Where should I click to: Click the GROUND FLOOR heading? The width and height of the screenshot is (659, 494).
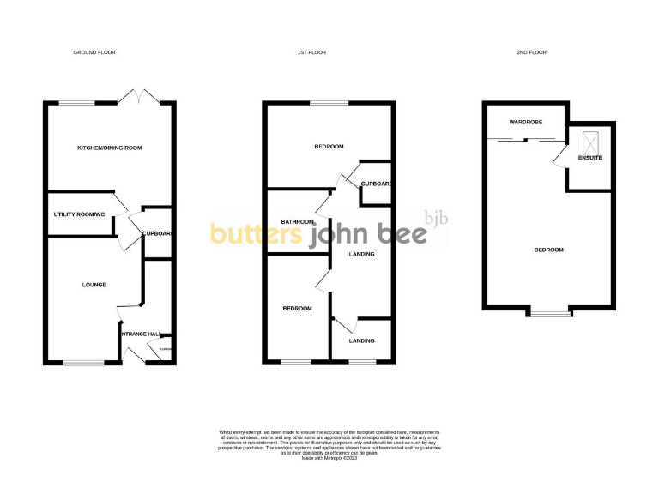coord(94,52)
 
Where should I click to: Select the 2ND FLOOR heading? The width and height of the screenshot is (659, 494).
coord(532,52)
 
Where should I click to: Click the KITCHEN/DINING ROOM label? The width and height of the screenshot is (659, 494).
coord(109,148)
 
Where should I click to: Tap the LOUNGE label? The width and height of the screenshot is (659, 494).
coord(94,284)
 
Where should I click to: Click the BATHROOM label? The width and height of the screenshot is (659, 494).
coord(298,222)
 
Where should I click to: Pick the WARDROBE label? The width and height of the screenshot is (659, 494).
coord(526,123)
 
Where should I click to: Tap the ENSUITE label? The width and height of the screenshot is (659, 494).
coord(589,158)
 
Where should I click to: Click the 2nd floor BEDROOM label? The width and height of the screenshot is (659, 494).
coord(549,250)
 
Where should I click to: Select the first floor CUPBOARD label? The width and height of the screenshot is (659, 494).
coord(377,184)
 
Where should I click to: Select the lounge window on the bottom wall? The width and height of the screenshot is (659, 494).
coord(82,362)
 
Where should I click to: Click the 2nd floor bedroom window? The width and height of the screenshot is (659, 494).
coord(549,311)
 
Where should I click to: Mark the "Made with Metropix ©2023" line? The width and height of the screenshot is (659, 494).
coord(329,458)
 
